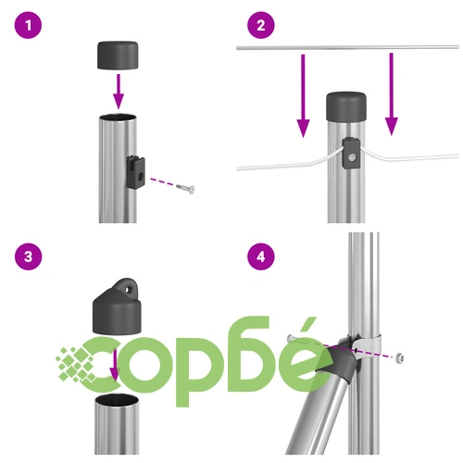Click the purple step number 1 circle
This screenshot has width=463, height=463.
coord(28,25)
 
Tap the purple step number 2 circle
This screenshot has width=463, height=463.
coord(261,25)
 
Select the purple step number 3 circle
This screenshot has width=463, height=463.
coord(28,257)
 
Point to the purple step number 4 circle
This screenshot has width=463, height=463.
coord(261,257)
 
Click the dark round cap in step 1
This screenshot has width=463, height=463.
coord(118,55)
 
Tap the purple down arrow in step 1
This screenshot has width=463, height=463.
coord(119,92)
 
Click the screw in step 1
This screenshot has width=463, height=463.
coord(185,188)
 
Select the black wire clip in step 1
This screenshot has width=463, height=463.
coord(136,172)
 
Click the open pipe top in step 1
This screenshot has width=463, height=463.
coord(118,118)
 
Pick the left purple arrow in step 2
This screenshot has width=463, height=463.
coord(303,95)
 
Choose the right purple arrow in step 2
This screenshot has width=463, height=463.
coord(392,94)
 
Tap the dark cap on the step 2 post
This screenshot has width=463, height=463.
coord(346,106)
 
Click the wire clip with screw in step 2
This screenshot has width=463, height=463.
coord(351,154)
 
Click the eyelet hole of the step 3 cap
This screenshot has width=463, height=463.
coord(128,290)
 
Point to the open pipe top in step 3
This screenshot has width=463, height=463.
coord(117,400)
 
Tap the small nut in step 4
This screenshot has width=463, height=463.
coord(399,357)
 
